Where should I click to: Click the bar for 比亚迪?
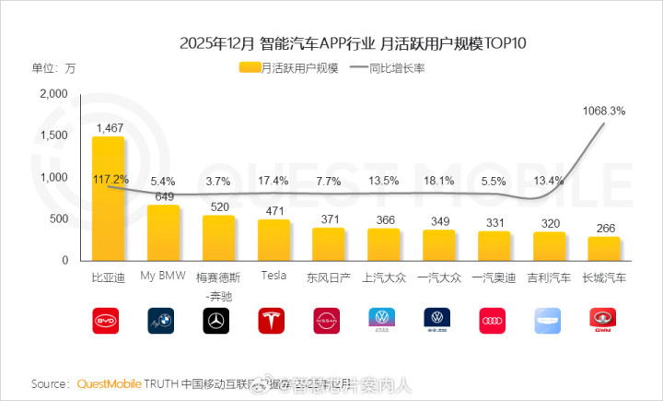point(108,198)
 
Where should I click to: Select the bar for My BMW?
point(163,232)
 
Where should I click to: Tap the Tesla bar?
point(273,240)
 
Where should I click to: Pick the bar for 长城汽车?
point(604,249)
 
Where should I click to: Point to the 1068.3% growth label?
point(604,111)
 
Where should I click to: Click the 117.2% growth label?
point(110,179)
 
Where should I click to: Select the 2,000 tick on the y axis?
point(53,93)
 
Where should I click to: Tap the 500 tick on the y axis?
point(57,218)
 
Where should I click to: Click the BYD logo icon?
point(108,321)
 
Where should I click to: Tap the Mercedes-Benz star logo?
point(217,321)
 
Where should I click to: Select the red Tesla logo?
point(273,321)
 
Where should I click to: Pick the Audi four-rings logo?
point(494,321)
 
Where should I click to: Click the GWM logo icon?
point(604,321)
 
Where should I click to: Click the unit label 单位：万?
point(54,67)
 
